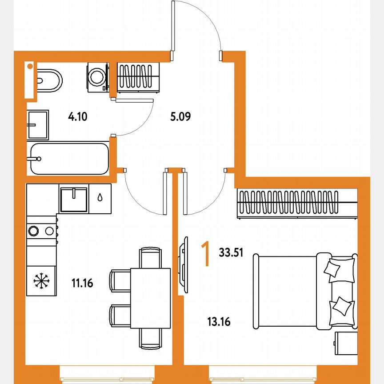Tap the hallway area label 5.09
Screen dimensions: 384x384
click(x=180, y=117)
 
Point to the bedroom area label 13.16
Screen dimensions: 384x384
click(x=219, y=321)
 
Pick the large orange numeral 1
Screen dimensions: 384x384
click(x=205, y=254)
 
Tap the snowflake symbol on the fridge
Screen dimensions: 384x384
click(x=41, y=280)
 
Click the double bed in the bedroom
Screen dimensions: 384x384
click(x=304, y=291)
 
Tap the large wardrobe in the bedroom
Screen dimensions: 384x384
click(x=297, y=204)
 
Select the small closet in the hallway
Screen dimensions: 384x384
click(x=138, y=77)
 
